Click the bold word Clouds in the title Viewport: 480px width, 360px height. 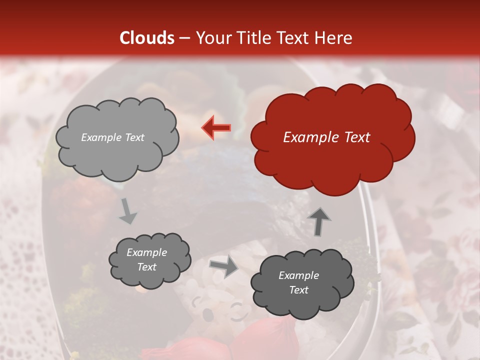click(147, 38)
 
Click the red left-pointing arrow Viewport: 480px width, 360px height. click(216, 127)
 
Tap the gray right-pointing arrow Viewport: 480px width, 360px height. click(223, 267)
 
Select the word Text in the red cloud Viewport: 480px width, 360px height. click(355, 137)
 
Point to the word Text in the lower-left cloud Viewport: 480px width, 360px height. click(147, 267)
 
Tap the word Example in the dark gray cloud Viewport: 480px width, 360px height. click(298, 275)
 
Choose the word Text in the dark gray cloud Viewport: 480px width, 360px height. click(298, 290)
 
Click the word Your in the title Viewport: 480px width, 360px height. click(211, 38)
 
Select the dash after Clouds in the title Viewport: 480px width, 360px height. click(185, 38)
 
